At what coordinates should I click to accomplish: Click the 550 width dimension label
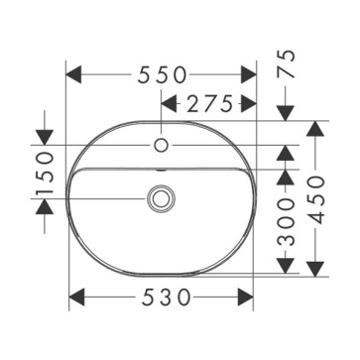[162, 74]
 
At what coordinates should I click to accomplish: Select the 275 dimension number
[209, 105]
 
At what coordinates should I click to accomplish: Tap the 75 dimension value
[286, 63]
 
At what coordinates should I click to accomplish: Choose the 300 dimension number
[286, 222]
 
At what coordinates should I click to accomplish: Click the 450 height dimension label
[315, 200]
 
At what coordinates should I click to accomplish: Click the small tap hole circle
[162, 145]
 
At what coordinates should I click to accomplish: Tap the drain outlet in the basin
[161, 198]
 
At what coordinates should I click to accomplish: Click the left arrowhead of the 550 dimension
[73, 74]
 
